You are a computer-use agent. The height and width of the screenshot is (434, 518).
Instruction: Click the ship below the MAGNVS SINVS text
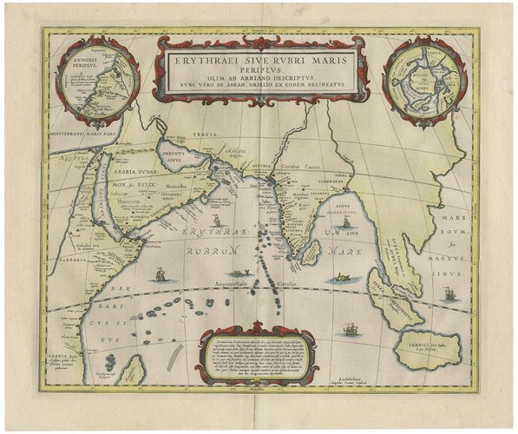pos(449,294)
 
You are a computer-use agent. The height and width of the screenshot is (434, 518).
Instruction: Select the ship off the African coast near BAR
pos(159,276)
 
